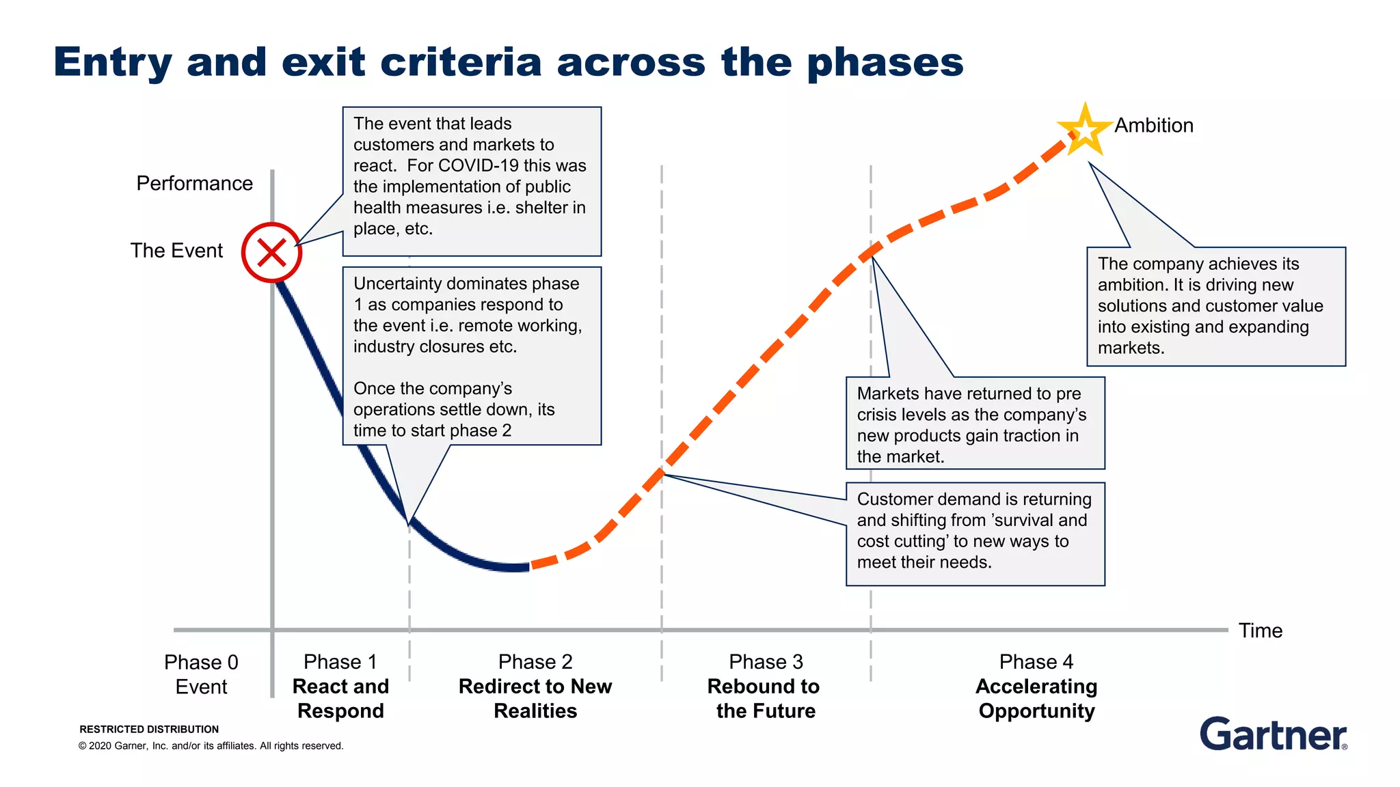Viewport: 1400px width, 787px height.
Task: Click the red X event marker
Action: (271, 253)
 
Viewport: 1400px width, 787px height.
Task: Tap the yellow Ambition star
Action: (1084, 129)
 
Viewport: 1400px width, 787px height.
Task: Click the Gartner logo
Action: (1273, 734)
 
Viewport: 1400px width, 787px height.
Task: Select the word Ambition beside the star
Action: (1154, 126)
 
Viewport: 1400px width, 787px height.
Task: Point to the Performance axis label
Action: (194, 183)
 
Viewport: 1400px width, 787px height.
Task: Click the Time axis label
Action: (1260, 631)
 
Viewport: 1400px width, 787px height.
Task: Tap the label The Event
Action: (176, 251)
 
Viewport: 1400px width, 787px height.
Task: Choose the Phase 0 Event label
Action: (201, 674)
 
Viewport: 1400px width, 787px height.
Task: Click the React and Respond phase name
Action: (340, 698)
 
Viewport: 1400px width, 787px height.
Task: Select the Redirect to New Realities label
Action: (535, 698)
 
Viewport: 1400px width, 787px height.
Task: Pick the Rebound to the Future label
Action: (764, 698)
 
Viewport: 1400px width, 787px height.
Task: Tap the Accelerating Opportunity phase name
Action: (1036, 698)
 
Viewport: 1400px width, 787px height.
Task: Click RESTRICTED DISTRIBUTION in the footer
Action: (149, 729)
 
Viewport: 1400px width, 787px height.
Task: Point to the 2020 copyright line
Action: (211, 746)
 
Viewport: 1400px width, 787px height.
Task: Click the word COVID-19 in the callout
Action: (478, 166)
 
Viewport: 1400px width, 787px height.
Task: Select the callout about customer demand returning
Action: (975, 534)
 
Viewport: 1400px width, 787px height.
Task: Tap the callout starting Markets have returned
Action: (975, 424)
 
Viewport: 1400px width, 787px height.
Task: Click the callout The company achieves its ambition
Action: (1215, 306)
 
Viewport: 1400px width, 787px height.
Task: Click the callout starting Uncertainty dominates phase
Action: (471, 356)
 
